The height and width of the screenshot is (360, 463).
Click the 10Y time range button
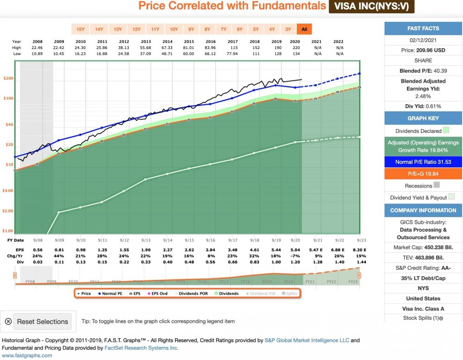click(174, 29)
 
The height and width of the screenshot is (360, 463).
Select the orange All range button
click(304, 29)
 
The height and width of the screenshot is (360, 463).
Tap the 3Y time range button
click(288, 29)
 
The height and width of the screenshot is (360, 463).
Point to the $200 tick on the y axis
click(9, 79)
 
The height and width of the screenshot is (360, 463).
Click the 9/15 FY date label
click(189, 240)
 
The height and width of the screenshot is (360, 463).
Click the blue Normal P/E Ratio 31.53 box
click(423, 162)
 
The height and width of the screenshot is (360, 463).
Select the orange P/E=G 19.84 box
click(423, 174)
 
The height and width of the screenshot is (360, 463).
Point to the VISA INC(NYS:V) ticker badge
click(371, 6)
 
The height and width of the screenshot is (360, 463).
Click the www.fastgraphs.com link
click(27, 355)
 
